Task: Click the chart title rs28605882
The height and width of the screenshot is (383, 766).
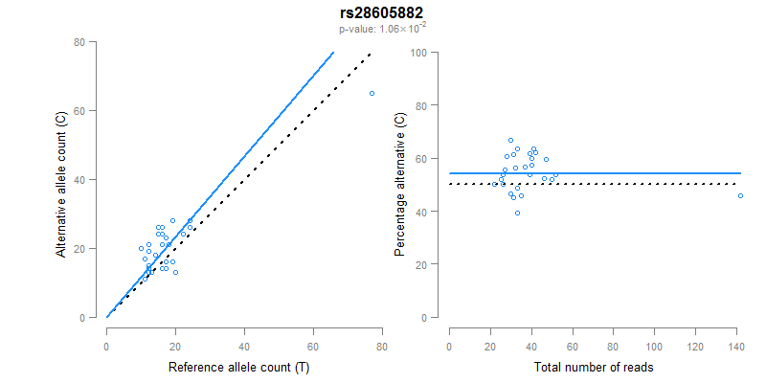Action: pos(382,12)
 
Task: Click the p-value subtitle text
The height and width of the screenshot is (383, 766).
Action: pos(382,28)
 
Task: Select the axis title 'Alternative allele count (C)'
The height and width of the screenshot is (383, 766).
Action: pos(61,185)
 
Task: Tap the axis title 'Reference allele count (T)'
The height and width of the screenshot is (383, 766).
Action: pos(237,368)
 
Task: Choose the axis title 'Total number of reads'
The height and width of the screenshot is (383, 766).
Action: pos(594,368)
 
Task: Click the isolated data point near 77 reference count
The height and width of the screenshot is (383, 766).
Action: pos(372,93)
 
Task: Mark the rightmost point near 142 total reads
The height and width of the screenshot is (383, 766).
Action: pos(740,195)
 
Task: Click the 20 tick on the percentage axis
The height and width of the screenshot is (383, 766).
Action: pos(421,264)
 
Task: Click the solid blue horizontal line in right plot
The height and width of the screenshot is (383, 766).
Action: pos(622,173)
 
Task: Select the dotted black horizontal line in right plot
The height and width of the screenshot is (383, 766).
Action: pos(622,184)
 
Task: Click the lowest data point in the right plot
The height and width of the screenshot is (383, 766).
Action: pos(517,213)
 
